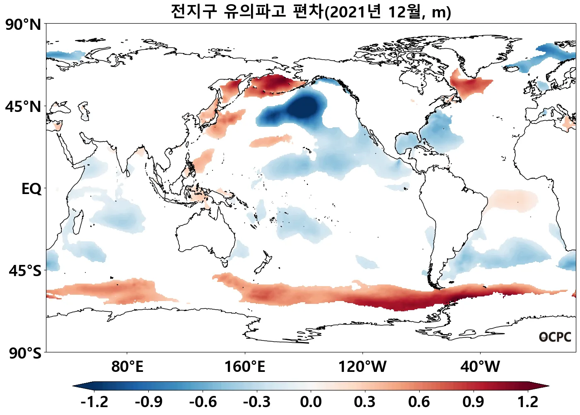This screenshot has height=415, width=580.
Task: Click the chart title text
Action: pyautogui.click(x=311, y=12)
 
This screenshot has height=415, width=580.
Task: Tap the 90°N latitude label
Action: pyautogui.click(x=23, y=25)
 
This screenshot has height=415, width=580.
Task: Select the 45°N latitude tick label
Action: pyautogui.click(x=23, y=107)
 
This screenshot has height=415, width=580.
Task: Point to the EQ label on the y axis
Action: pyautogui.click(x=31, y=189)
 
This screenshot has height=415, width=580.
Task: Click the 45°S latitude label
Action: pyautogui.click(x=25, y=271)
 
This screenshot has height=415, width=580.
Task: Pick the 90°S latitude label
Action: pyautogui.click(x=25, y=353)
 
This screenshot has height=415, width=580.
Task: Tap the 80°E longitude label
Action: pyautogui.click(x=127, y=367)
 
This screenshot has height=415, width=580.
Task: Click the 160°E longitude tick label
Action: pyautogui.click(x=244, y=367)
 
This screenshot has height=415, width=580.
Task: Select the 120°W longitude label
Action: pyautogui.click(x=362, y=367)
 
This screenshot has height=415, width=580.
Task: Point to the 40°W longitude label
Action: pyautogui.click(x=480, y=367)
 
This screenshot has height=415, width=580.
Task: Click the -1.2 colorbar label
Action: pyautogui.click(x=94, y=402)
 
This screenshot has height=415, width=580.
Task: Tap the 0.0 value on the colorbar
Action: pyautogui.click(x=311, y=402)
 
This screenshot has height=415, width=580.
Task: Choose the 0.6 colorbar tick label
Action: pyautogui.click(x=419, y=402)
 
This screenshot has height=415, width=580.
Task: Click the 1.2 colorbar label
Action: pyautogui.click(x=528, y=402)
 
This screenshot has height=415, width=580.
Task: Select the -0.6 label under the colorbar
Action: pyautogui.click(x=203, y=402)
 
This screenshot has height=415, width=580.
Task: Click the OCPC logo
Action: pyautogui.click(x=555, y=337)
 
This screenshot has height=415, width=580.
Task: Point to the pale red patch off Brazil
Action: pyautogui.click(x=513, y=200)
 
